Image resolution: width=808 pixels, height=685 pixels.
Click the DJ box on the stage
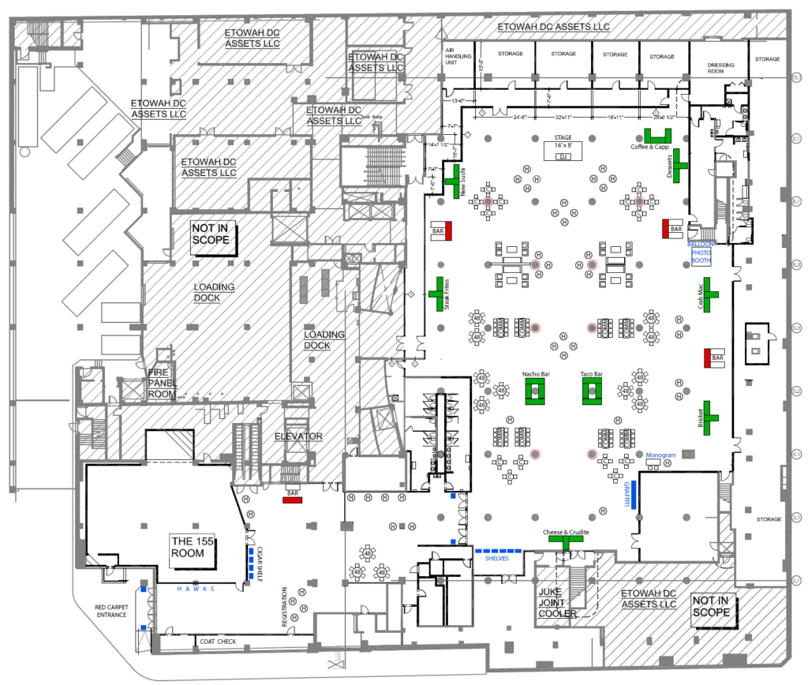click(x=563, y=157)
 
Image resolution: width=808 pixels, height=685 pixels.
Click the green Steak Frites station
click(x=439, y=294)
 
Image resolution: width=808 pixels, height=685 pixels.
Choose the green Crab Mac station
click(x=711, y=294)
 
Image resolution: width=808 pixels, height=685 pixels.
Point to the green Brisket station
click(x=710, y=416)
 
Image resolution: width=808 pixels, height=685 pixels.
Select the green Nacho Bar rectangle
click(x=536, y=391)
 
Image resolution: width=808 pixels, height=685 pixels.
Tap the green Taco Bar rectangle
click(x=592, y=391)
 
